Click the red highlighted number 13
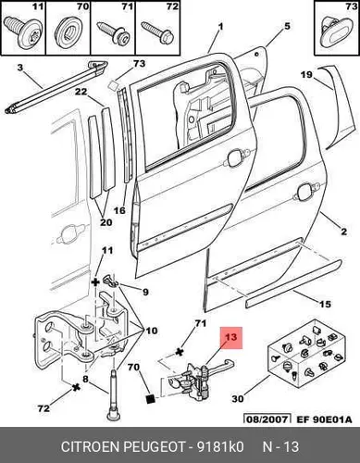click(230, 337)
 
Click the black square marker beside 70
click(150, 399)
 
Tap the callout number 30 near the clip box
click(238, 399)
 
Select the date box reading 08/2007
click(267, 419)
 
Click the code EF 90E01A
click(324, 419)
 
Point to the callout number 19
click(306, 74)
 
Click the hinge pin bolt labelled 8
click(114, 394)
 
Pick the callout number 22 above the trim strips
click(81, 92)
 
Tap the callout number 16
click(119, 210)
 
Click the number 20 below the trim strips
click(106, 222)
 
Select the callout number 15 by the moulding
click(325, 304)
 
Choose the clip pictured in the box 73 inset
click(334, 31)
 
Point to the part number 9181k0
click(220, 446)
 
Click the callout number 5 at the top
click(287, 26)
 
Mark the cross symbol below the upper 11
click(96, 282)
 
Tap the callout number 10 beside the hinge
click(152, 331)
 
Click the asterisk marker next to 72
click(76, 387)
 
